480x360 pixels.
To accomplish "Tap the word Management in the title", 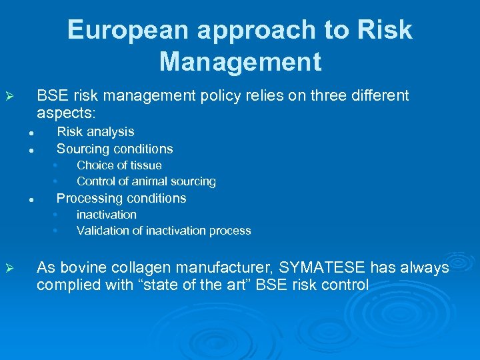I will coord(240,62).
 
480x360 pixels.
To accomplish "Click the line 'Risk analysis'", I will coord(95,132).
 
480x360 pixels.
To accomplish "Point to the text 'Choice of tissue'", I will coord(119,165).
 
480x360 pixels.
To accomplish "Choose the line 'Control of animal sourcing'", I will coord(146,181).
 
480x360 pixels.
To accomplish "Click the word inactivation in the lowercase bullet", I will coord(106,215).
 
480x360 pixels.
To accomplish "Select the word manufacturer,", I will coord(226,268).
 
